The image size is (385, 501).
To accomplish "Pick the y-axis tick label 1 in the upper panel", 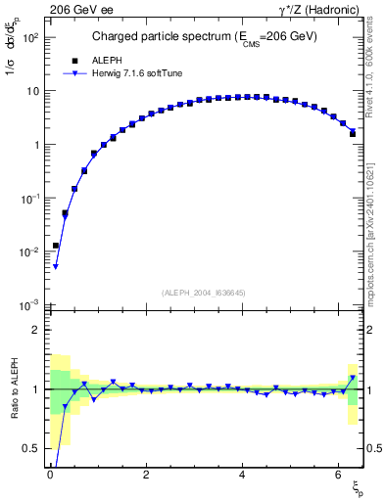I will tap(35, 145).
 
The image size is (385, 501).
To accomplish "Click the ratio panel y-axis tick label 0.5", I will tap(31, 448).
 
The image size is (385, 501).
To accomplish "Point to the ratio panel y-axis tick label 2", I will tap(35, 330).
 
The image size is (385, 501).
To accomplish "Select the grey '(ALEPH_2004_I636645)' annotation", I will tap(204, 293).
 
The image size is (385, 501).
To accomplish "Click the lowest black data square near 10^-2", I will tap(56, 246).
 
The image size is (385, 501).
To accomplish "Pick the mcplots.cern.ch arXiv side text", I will tap(376, 215).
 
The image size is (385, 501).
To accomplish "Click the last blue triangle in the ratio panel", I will tap(353, 378).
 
